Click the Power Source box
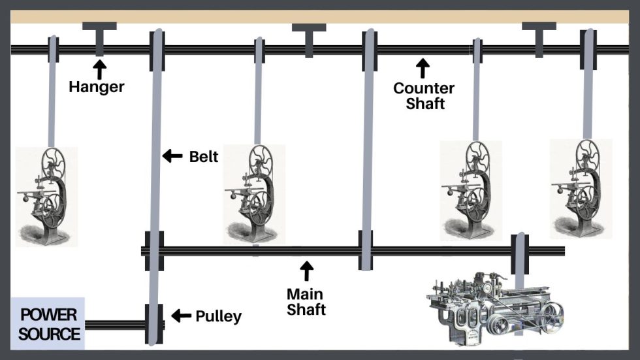pyautogui.click(x=47, y=323)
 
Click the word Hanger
pyautogui.click(x=97, y=87)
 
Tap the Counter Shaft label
pyautogui.click(x=424, y=95)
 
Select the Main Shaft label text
pyautogui.click(x=306, y=302)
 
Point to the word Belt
pyautogui.click(x=203, y=157)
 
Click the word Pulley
pyautogui.click(x=218, y=317)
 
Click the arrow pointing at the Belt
pyautogui.click(x=172, y=155)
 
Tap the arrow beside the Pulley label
pyautogui.click(x=182, y=316)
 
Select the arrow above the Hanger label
pyautogui.click(x=99, y=69)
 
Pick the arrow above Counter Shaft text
pyautogui.click(x=423, y=68)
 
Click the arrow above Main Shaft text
pyautogui.click(x=306, y=271)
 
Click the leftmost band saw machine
pyautogui.click(x=46, y=197)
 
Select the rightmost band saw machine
pyautogui.click(x=581, y=189)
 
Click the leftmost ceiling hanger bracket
pyautogui.click(x=99, y=39)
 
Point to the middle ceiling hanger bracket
pyautogui.click(x=309, y=41)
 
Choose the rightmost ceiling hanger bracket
pyautogui.click(x=539, y=40)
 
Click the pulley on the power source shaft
pyautogui.click(x=154, y=324)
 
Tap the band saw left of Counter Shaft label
pyautogui.click(x=254, y=194)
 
